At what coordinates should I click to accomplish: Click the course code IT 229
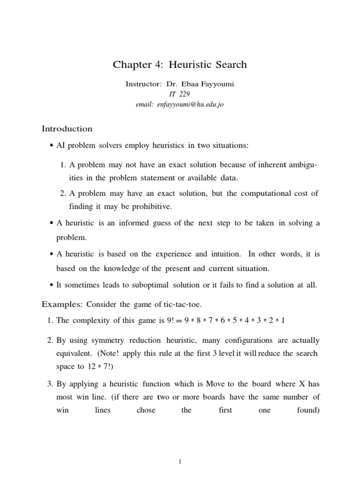tap(180, 95)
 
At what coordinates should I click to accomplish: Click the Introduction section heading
tap(67, 128)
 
